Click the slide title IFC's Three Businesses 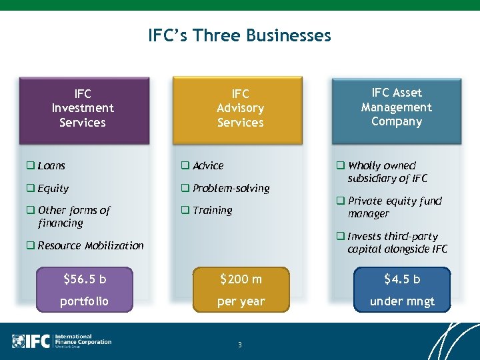(239, 35)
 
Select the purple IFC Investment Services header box (83, 108)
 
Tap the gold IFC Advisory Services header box (240, 108)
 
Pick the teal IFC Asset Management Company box (397, 107)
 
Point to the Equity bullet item (53, 189)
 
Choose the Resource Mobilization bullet (90, 245)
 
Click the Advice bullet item (207, 165)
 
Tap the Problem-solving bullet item (230, 188)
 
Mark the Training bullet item (212, 210)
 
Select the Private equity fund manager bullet (393, 207)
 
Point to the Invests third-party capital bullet (397, 243)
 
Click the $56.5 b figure (85, 279)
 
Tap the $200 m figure (241, 279)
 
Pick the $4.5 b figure (402, 279)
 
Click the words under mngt (402, 301)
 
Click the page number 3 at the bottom (240, 345)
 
